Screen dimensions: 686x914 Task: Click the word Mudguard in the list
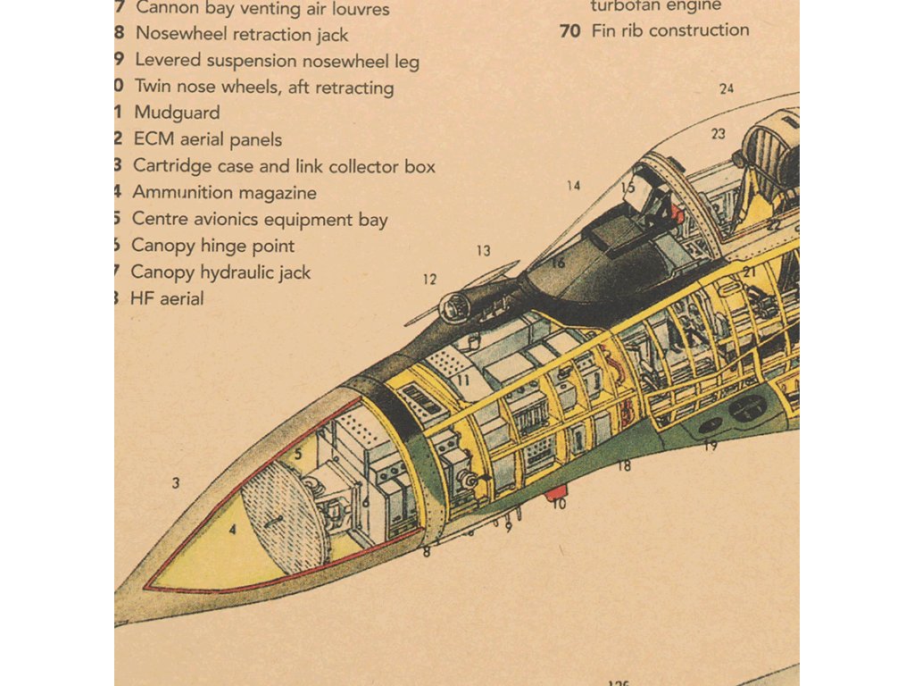point(177,113)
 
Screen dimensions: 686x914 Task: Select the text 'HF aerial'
point(167,299)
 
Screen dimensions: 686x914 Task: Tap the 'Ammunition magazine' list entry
point(224,193)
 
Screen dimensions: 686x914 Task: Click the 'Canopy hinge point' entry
point(212,246)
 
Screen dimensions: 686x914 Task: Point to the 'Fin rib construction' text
point(670,30)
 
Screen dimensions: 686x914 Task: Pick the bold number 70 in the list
point(569,30)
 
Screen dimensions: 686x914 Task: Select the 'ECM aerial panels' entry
point(207,140)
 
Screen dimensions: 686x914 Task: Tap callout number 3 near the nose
point(176,483)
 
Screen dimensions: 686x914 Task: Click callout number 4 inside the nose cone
point(233,529)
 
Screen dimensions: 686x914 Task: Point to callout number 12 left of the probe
point(430,280)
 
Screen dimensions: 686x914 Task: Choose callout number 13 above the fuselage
point(483,251)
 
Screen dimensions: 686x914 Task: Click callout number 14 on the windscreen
point(573,186)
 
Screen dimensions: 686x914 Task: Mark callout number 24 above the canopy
point(727,88)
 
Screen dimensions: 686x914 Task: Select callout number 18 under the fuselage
point(624,465)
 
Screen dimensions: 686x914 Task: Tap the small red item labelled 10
point(556,491)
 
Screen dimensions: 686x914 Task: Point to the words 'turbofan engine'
point(656,5)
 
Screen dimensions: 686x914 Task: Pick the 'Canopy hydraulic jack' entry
point(220,272)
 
